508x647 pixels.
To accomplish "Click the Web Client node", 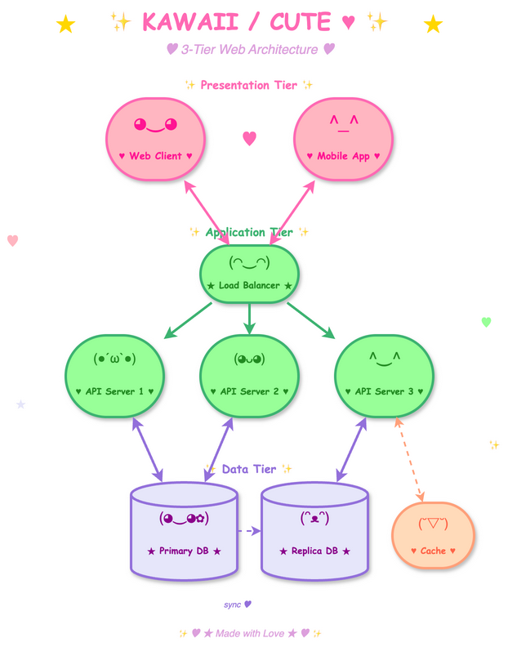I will tap(155, 138).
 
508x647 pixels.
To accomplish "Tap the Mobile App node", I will tap(343, 138).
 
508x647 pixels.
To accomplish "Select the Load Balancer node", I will tap(249, 274).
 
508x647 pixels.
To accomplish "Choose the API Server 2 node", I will tap(249, 376).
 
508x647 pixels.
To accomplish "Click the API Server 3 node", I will tap(384, 376).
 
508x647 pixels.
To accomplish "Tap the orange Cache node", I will tap(433, 536).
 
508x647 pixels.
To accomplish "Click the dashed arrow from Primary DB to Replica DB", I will tap(249, 531).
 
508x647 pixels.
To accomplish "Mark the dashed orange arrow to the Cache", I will tap(410, 461).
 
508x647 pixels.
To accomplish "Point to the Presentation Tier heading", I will tap(249, 85).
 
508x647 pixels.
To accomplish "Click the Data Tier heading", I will tap(249, 469).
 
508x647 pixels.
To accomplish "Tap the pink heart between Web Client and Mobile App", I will tap(250, 138).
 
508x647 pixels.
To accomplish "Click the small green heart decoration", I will tap(486, 322).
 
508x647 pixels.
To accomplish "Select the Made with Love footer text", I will tap(249, 633).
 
